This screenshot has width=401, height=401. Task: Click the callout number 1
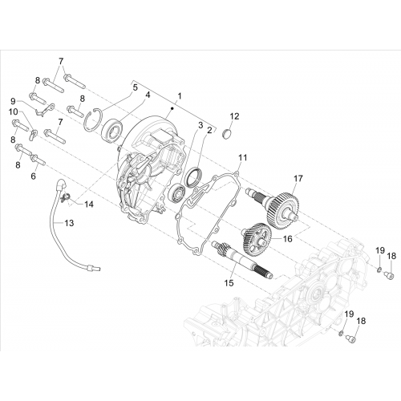click(x=180, y=95)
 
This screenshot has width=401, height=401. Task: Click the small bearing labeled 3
click(x=177, y=192)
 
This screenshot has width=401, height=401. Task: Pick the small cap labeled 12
click(x=227, y=134)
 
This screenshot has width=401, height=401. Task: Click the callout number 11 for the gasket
click(x=243, y=157)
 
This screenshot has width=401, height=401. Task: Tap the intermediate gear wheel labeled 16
click(x=257, y=237)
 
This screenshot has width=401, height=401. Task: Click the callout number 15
click(x=229, y=283)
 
